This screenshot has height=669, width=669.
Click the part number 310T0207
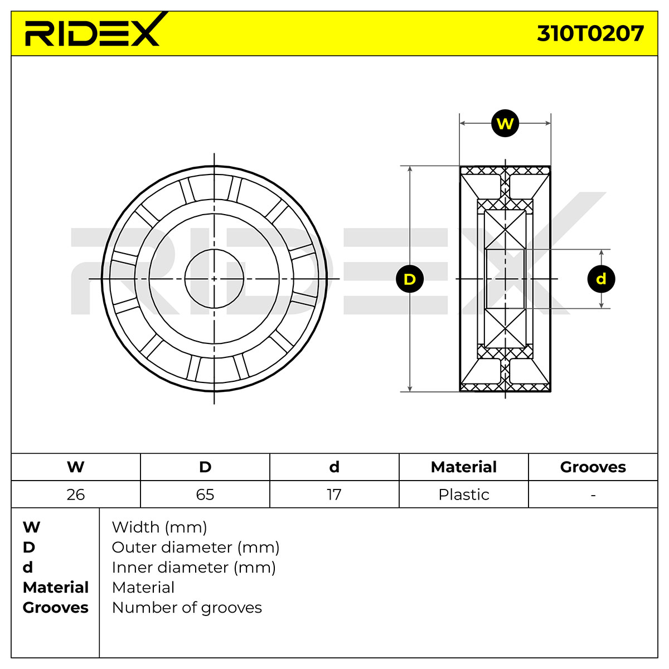tap(590, 33)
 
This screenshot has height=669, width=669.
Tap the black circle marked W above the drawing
tap(505, 123)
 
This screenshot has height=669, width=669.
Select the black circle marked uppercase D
tap(410, 279)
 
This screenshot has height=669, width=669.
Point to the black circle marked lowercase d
tap(602, 279)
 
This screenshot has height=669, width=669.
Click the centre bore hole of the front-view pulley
tap(214, 278)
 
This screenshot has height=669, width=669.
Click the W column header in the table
tap(76, 467)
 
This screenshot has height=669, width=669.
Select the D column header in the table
tap(205, 467)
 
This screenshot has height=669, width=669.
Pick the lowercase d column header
tap(334, 467)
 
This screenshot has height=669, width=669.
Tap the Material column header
tap(464, 467)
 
